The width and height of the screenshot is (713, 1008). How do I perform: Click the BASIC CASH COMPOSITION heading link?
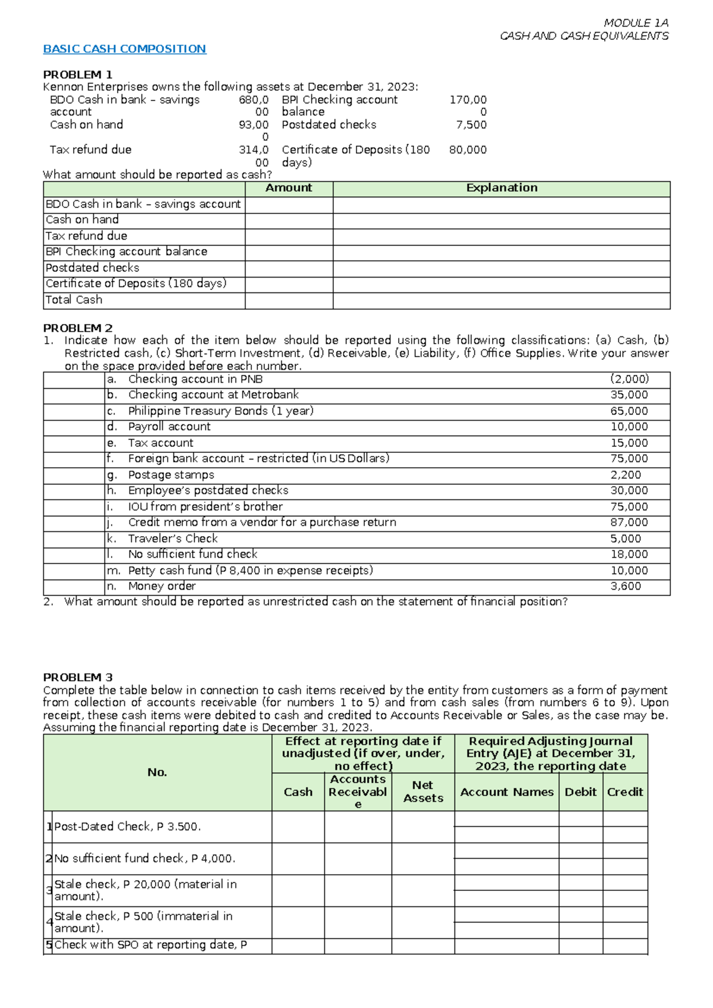tap(124, 49)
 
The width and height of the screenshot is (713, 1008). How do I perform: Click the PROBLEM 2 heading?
tap(78, 328)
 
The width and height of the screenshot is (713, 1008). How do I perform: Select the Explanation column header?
tap(501, 188)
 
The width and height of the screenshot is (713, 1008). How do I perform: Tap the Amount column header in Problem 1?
tap(289, 188)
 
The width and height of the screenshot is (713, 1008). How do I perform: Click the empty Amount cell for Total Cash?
tap(289, 300)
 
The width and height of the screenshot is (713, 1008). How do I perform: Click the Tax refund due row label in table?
tap(86, 236)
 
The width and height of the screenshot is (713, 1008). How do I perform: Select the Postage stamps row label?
tap(171, 475)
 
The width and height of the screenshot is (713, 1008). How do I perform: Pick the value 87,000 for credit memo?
tap(629, 522)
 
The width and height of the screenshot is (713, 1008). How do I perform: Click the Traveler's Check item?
tap(173, 538)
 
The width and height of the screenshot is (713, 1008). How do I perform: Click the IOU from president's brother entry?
tap(205, 506)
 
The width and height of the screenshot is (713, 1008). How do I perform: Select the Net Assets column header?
tap(423, 792)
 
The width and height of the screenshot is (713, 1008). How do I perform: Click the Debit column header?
tap(581, 792)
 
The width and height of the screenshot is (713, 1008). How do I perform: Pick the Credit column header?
tap(625, 792)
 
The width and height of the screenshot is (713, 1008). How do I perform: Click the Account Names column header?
tap(507, 792)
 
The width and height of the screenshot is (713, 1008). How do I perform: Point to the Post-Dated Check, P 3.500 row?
tap(128, 827)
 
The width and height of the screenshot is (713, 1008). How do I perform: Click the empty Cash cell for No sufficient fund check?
tap(298, 858)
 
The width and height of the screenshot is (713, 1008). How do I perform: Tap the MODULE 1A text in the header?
tap(636, 23)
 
